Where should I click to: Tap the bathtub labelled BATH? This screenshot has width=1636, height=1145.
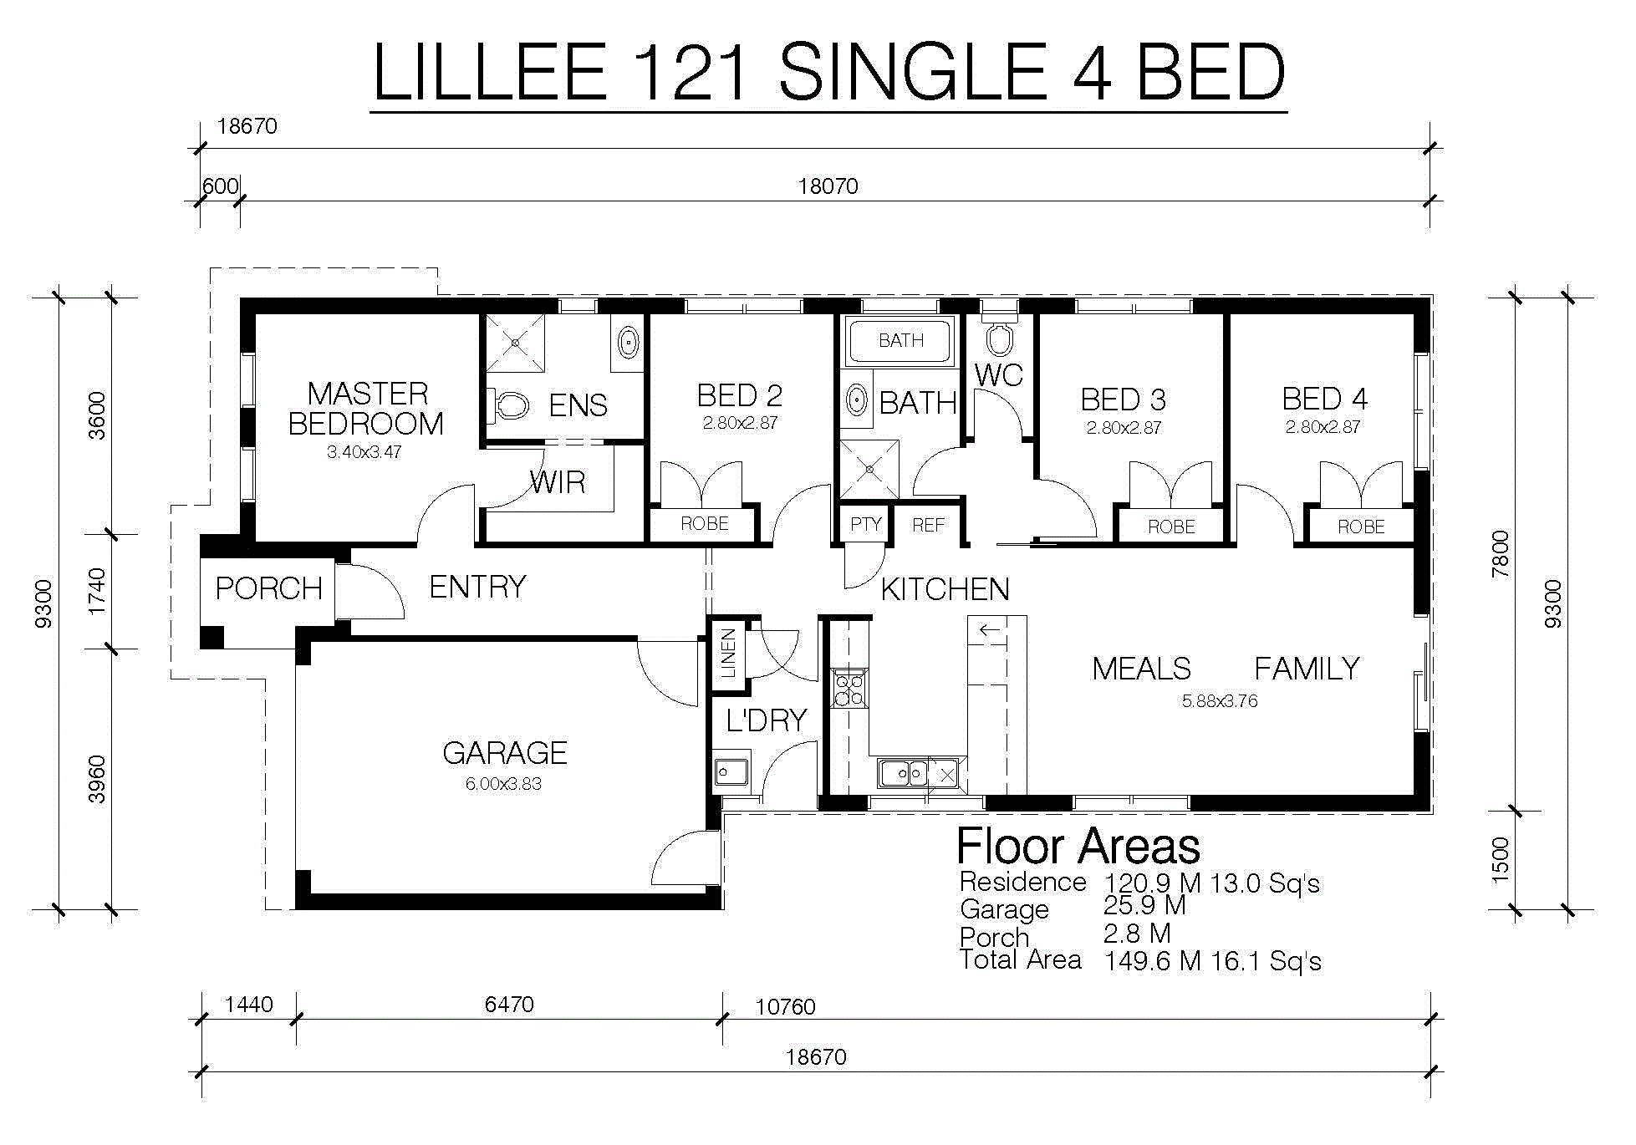click(x=900, y=340)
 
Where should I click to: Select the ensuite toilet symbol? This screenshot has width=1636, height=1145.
click(x=509, y=405)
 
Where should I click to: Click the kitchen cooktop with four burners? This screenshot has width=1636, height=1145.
click(x=849, y=688)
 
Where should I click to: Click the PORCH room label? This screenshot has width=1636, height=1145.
click(x=268, y=588)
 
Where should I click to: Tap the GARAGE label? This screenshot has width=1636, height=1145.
click(x=505, y=753)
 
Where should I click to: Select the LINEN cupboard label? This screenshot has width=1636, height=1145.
click(x=728, y=653)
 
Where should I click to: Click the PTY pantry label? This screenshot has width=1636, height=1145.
click(x=865, y=524)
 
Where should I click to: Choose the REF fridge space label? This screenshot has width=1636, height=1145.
click(x=928, y=525)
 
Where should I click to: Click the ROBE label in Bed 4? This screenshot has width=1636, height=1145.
click(x=1361, y=527)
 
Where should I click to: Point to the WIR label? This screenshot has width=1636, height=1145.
click(x=558, y=482)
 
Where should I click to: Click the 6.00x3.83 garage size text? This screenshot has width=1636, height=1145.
click(x=503, y=784)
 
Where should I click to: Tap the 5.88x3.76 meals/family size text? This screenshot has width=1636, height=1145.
click(x=1220, y=701)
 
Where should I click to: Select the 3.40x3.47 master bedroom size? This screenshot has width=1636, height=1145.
click(x=364, y=452)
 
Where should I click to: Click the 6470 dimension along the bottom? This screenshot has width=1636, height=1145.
click(x=509, y=1004)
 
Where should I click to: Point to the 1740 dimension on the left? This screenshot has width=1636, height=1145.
click(x=98, y=591)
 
